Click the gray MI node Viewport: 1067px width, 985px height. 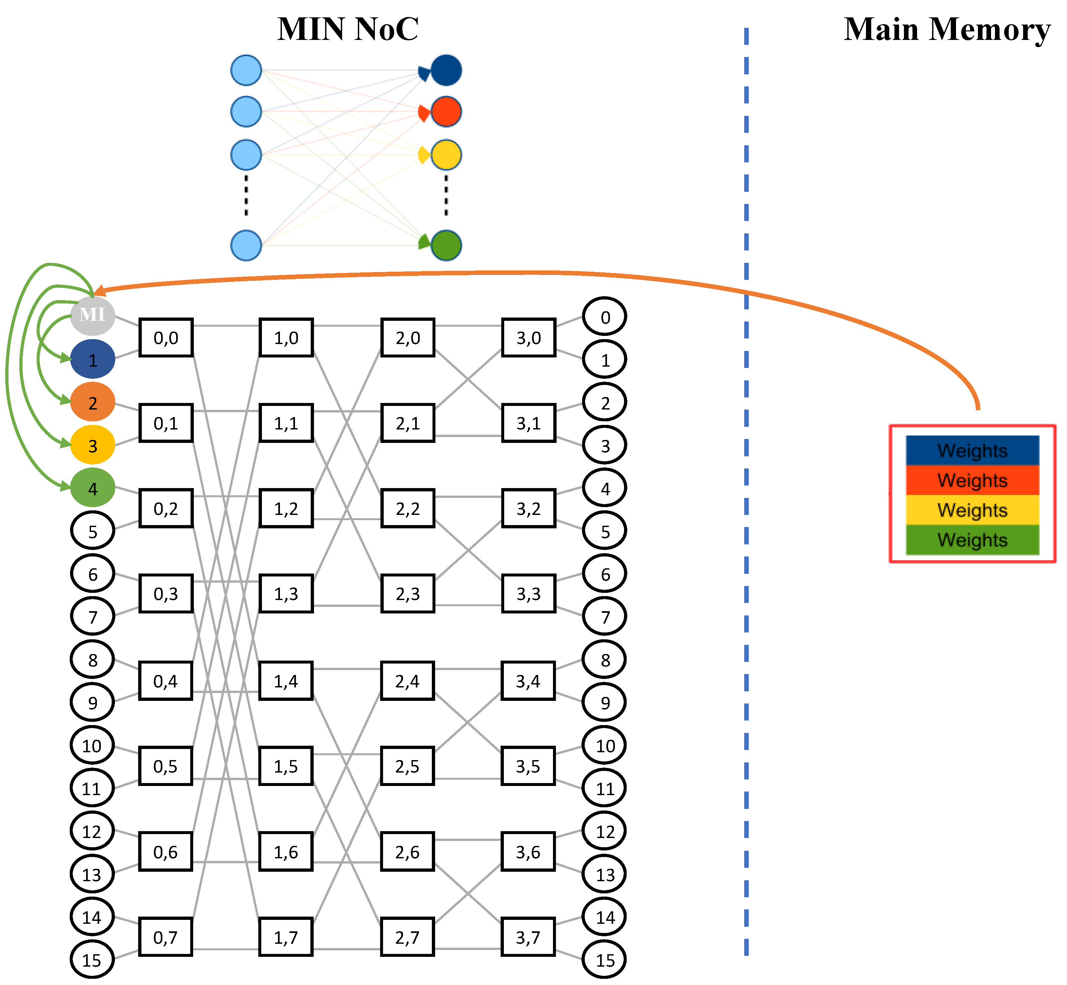coord(93,316)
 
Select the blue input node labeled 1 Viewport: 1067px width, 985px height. coord(93,360)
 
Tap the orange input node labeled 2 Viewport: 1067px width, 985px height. coord(93,402)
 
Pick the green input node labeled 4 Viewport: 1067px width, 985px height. coord(93,488)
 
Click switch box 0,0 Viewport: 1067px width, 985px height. coord(166,338)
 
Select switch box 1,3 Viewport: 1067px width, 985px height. coord(286,594)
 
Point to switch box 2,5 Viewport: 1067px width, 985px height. coord(407,766)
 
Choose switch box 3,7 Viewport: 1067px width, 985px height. coord(528,937)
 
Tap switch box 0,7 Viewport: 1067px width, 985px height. coord(166,937)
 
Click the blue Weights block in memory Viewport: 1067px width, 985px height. coord(972,451)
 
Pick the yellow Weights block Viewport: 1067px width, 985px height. coord(972,510)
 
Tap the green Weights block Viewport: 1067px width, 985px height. coord(972,540)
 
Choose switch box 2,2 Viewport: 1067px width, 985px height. coord(408,508)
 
